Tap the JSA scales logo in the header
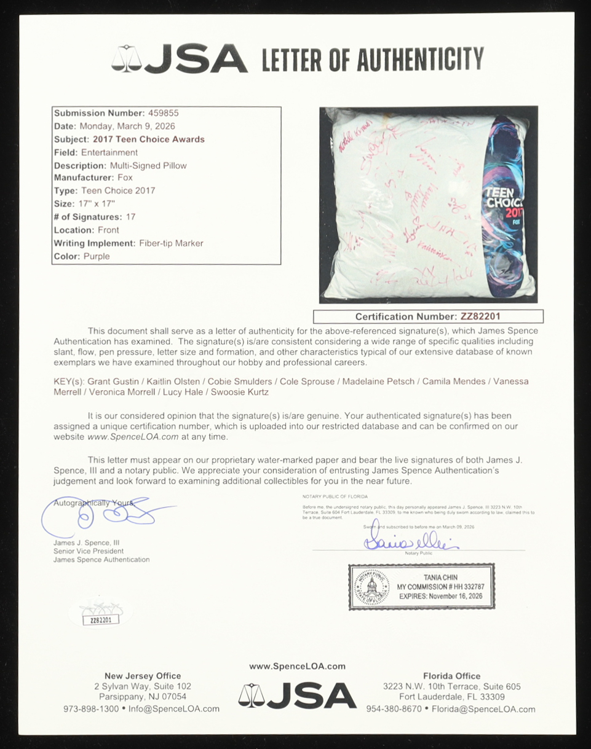[127, 59]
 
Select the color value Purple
[96, 256]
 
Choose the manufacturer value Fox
[125, 178]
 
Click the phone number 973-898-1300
[91, 708]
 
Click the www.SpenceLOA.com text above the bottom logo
[297, 666]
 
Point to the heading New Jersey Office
[143, 676]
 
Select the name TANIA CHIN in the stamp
[437, 578]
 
